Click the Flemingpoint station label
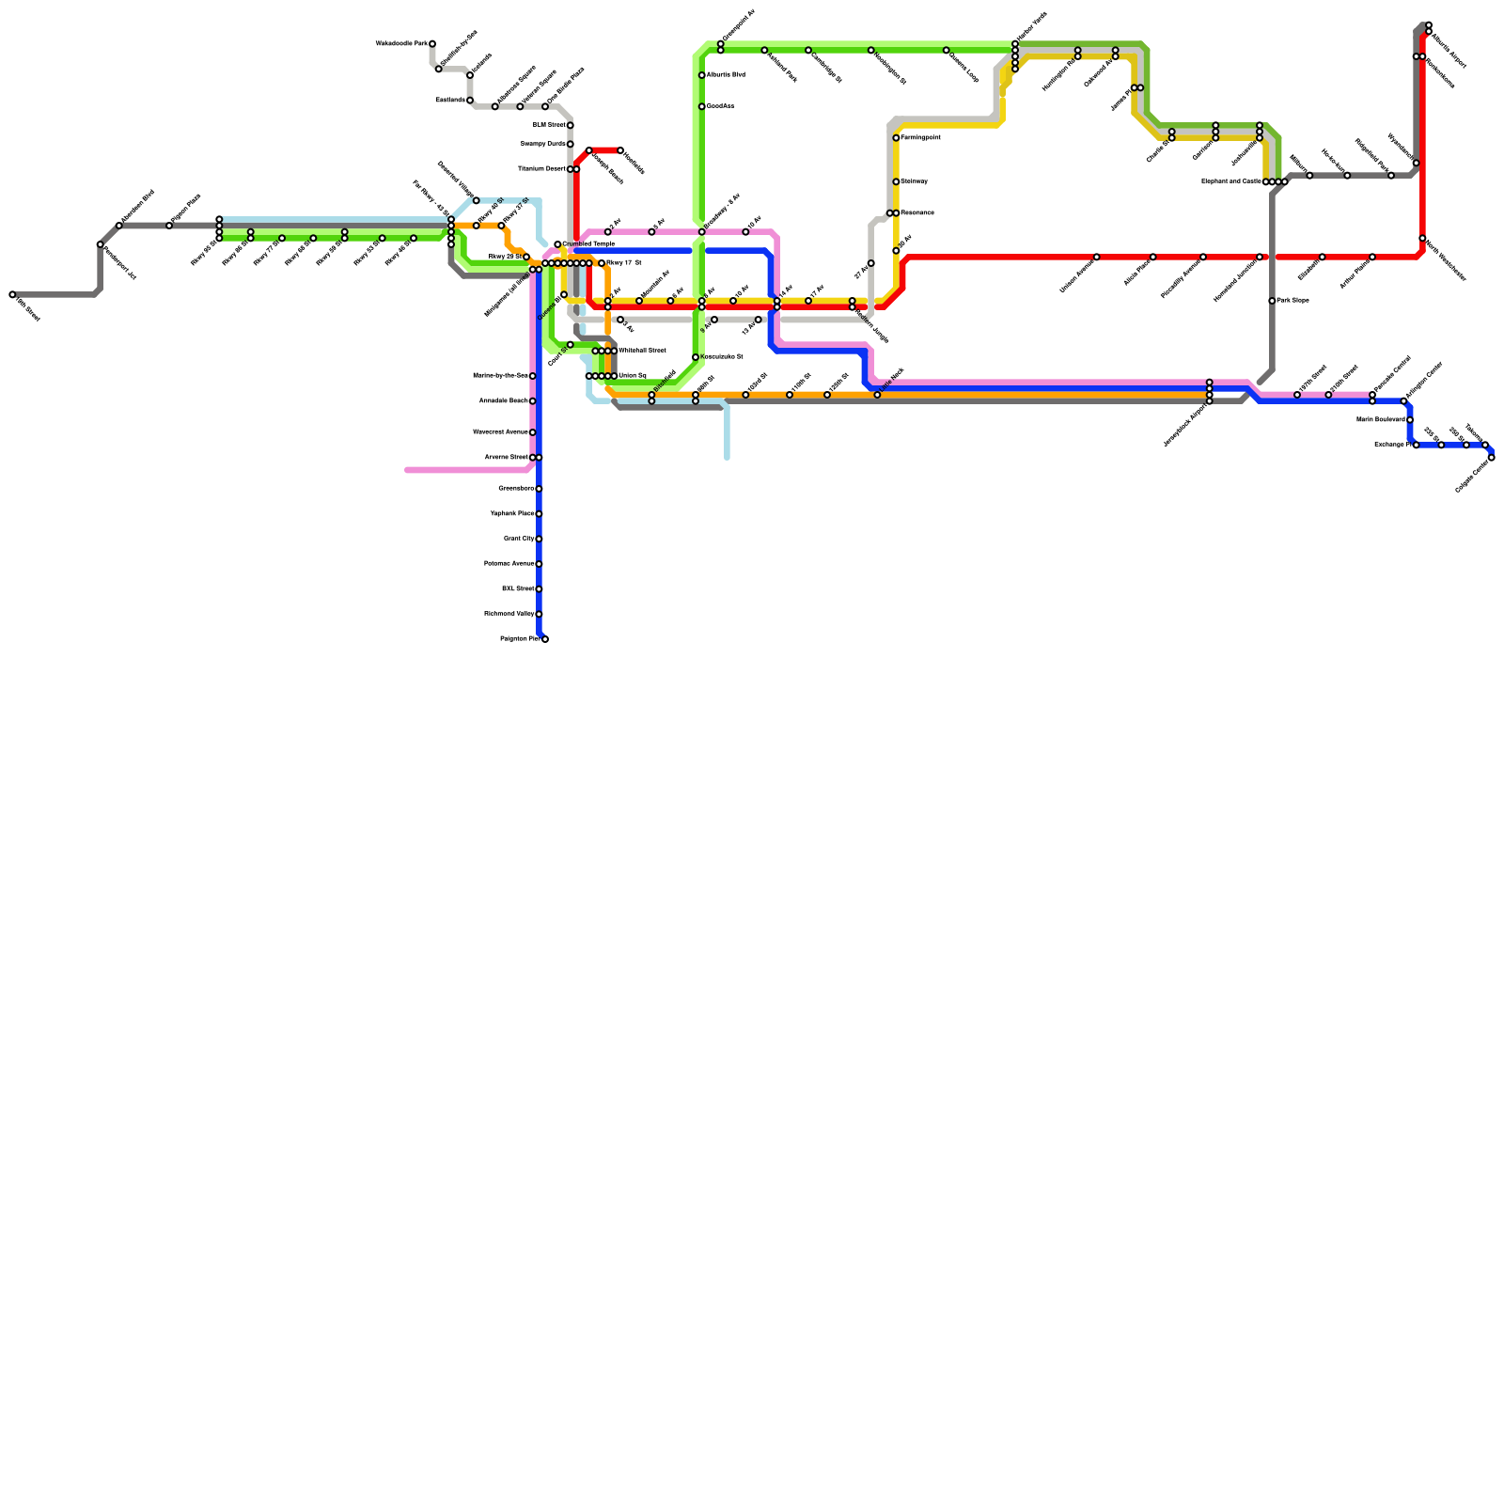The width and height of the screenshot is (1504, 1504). [921, 138]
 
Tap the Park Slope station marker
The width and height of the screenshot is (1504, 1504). [1272, 301]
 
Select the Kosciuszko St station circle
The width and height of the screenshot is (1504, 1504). [696, 357]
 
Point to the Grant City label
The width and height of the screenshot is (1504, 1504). [518, 539]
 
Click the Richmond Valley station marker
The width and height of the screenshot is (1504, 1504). [539, 614]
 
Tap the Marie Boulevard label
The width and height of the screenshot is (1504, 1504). [1380, 419]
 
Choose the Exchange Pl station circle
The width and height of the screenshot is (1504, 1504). [1416, 445]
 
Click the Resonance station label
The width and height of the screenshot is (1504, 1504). [917, 213]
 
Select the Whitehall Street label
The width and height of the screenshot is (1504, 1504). [642, 351]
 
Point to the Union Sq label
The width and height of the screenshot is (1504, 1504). [632, 376]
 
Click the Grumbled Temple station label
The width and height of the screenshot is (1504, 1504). [588, 244]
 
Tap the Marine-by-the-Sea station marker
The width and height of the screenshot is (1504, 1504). [532, 376]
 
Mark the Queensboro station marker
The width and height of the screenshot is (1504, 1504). [539, 489]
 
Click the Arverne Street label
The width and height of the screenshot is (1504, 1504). [506, 458]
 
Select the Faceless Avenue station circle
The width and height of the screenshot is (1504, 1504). [539, 564]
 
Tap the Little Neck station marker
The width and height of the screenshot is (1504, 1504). [877, 395]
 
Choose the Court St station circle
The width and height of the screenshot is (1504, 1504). [570, 345]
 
